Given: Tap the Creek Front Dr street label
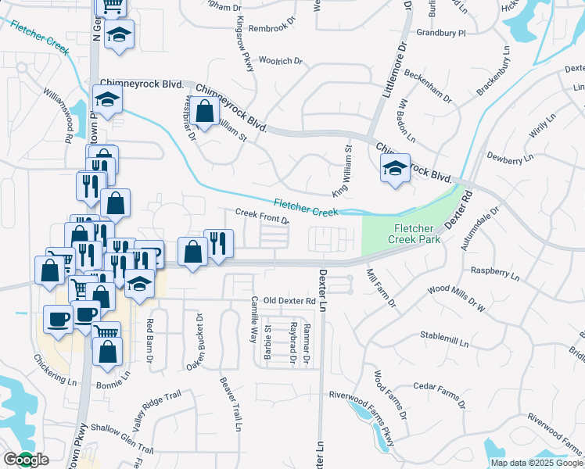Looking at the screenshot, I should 263,216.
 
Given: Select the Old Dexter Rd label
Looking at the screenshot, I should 289,301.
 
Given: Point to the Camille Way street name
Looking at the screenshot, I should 253,320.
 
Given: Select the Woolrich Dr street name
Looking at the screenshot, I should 279,61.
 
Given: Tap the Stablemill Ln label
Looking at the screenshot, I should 444,342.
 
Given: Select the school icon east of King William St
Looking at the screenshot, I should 396,168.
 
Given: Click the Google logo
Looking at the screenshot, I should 25,460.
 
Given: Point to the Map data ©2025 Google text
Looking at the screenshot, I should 537,463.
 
